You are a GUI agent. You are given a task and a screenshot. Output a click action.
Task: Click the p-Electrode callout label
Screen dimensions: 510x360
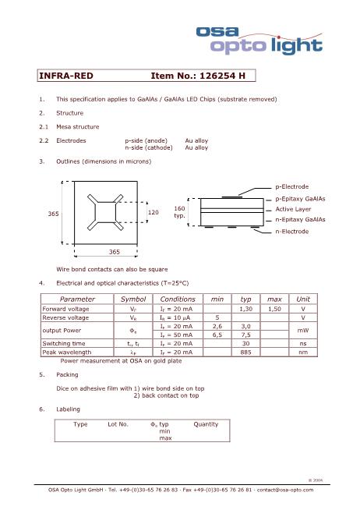[292, 186]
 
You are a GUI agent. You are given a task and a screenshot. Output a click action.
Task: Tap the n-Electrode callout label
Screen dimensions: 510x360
[292, 231]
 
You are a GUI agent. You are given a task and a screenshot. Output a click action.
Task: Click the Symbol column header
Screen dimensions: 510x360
[133, 299]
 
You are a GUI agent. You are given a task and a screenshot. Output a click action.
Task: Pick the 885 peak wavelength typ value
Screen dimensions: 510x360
[245, 352]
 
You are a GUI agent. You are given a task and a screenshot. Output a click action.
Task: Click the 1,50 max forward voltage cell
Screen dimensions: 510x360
[274, 309]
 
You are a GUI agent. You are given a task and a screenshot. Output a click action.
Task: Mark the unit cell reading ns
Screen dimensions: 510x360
[303, 343]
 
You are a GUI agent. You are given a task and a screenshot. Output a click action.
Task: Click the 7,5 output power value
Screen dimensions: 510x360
[245, 335]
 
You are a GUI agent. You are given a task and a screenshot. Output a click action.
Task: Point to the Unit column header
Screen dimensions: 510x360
[303, 299]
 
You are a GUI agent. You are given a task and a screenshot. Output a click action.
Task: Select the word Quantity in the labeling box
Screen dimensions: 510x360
[206, 424]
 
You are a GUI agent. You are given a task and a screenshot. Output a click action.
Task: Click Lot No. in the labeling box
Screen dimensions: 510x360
[118, 424]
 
